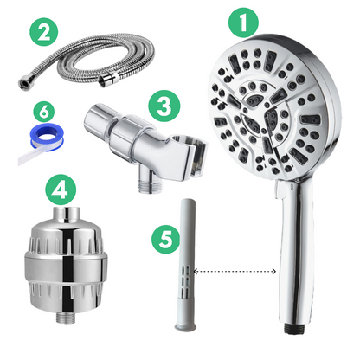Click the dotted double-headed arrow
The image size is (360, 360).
[236, 272]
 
